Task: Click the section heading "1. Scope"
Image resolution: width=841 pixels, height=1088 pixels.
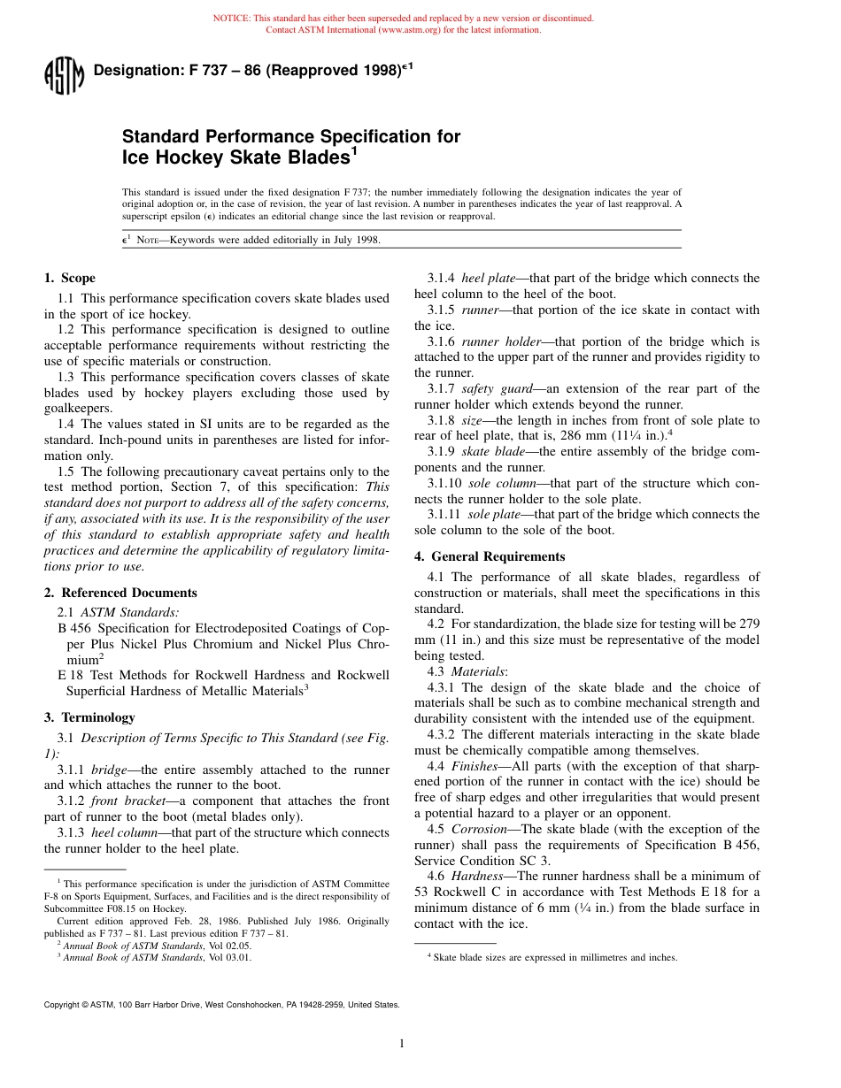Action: pyautogui.click(x=70, y=278)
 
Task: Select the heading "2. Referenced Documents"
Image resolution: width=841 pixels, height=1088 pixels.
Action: pyautogui.click(x=120, y=593)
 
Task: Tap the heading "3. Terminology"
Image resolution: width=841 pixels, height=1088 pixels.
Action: pyautogui.click(x=89, y=717)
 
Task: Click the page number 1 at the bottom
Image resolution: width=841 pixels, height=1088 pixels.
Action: pyautogui.click(x=401, y=1044)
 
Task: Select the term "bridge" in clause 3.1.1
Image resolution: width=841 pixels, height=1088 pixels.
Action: pyautogui.click(x=110, y=770)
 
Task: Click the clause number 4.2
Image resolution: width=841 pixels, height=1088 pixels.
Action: pyautogui.click(x=436, y=624)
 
